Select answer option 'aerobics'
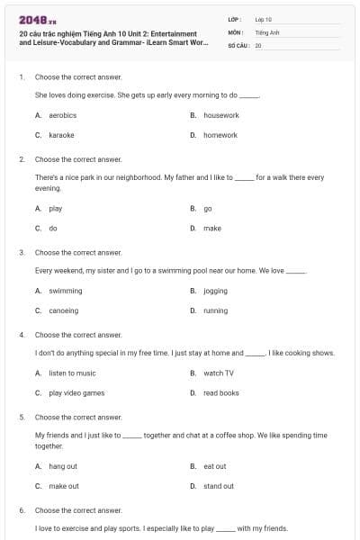coord(62,116)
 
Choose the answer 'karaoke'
coord(61,135)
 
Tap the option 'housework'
coord(220,116)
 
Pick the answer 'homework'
coord(220,135)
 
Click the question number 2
coord(22,159)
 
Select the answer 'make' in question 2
coord(212,229)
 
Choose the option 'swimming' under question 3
coord(65,292)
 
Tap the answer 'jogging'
coord(215,292)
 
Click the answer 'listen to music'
coord(72,373)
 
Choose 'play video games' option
coord(76,392)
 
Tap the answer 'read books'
coord(221,392)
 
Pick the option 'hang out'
coord(63,467)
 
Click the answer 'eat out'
coord(215,467)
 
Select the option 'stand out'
coord(219,486)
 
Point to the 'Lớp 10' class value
coord(264,19)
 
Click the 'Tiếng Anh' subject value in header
coord(267,31)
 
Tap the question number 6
coord(22,510)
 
